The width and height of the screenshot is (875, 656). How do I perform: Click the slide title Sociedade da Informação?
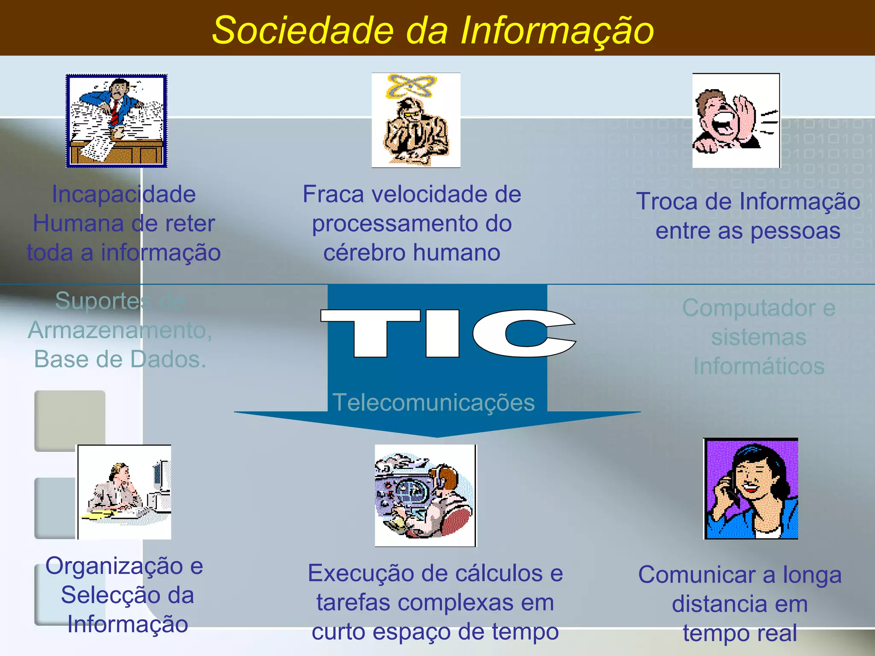point(433,30)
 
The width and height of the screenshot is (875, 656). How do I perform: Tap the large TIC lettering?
point(448,334)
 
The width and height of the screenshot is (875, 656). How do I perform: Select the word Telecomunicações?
point(433,402)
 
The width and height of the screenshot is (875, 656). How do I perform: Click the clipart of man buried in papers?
point(116,121)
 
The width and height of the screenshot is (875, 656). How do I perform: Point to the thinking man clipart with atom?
point(416,120)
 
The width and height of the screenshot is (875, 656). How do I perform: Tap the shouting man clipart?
point(736,120)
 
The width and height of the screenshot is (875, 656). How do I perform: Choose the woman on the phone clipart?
point(751,489)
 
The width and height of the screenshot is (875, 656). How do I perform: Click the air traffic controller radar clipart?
point(425,495)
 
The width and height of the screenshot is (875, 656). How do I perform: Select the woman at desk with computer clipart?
point(124,492)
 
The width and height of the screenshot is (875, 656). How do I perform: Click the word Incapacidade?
point(124,194)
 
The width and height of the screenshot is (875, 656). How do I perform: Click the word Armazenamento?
point(120,330)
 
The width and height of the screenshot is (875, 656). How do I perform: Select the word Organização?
point(115,566)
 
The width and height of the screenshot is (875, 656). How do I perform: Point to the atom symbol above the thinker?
point(411,85)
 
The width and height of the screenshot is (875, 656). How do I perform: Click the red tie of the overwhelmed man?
point(115,112)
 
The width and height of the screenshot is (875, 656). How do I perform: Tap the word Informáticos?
point(759,366)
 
